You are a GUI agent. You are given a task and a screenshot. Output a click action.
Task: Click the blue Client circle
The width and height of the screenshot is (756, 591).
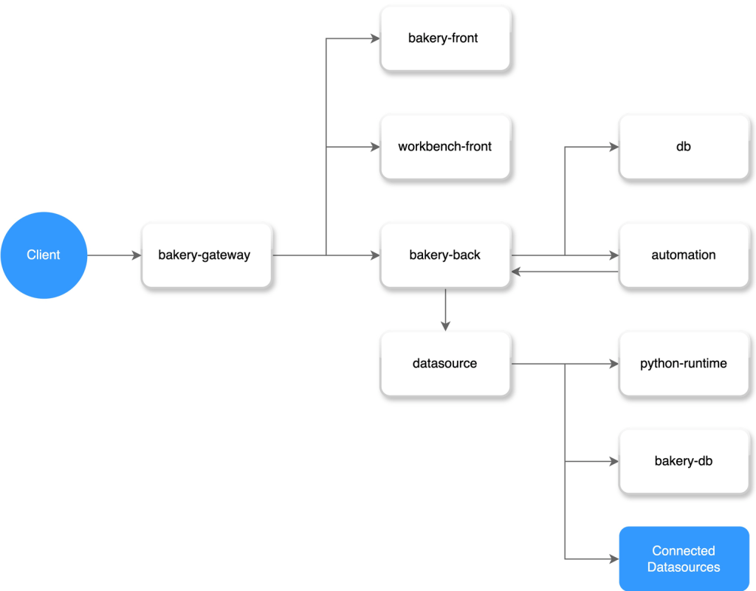pyautogui.click(x=44, y=255)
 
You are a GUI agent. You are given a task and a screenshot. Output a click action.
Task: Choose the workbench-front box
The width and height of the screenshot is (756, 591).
pyautogui.click(x=445, y=147)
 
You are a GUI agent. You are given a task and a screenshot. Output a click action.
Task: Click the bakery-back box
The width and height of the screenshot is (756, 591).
pyautogui.click(x=445, y=255)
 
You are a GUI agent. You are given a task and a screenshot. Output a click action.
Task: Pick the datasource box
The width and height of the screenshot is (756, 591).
pyautogui.click(x=445, y=364)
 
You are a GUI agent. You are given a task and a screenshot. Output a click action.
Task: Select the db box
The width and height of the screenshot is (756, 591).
pyautogui.click(x=684, y=147)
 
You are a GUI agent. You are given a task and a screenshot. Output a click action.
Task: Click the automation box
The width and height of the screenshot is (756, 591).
pyautogui.click(x=684, y=255)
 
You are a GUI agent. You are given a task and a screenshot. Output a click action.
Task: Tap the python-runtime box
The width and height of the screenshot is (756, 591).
pyautogui.click(x=684, y=364)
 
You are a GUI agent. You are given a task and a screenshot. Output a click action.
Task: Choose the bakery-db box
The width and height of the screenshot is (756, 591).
pyautogui.click(x=684, y=462)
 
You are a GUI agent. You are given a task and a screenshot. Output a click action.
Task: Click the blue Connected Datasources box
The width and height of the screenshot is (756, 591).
pyautogui.click(x=684, y=559)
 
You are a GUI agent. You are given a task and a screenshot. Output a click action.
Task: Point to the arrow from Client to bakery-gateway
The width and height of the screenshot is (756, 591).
pyautogui.click(x=114, y=255)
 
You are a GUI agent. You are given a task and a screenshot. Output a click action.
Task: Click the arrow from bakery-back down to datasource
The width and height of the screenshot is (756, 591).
pyautogui.click(x=445, y=310)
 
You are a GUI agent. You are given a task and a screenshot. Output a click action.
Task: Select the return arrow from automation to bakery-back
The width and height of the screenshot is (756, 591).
pyautogui.click(x=565, y=272)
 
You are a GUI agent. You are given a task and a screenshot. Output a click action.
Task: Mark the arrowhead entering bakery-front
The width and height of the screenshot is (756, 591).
pyautogui.click(x=376, y=38)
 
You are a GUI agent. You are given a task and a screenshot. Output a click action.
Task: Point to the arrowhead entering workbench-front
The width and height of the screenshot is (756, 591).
pyautogui.click(x=376, y=147)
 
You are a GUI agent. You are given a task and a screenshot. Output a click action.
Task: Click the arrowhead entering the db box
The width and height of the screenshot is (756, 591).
pyautogui.click(x=614, y=147)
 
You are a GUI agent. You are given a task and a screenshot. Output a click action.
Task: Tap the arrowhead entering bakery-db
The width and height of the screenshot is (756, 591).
pyautogui.click(x=614, y=462)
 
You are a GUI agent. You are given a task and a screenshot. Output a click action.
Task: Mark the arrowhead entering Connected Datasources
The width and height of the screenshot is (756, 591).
pyautogui.click(x=614, y=559)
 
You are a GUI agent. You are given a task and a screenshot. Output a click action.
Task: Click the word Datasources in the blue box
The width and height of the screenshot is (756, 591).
pyautogui.click(x=684, y=567)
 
